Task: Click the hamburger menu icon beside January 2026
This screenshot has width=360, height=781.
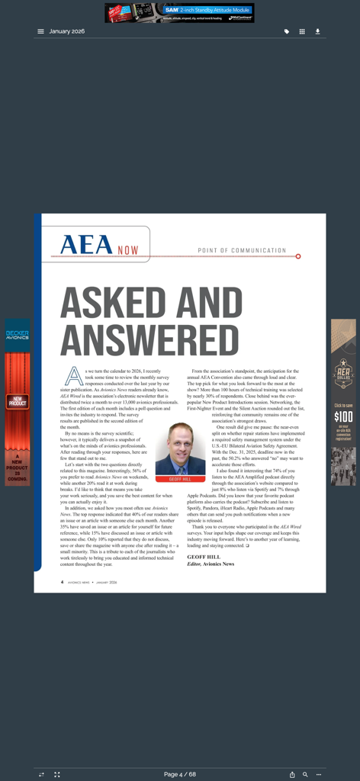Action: (40, 31)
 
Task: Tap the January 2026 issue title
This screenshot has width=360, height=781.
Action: (67, 31)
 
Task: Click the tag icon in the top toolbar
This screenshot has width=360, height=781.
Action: (287, 31)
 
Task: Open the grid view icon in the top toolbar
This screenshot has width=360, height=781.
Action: (302, 31)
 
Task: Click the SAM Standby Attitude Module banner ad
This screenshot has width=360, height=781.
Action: (179, 13)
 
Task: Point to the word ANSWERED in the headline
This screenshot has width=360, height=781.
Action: (139, 340)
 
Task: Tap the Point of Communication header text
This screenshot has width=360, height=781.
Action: (242, 250)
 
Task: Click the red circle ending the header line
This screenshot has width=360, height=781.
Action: (298, 256)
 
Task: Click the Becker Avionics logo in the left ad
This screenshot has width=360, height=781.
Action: (18, 335)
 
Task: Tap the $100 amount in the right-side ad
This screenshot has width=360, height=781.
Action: (343, 416)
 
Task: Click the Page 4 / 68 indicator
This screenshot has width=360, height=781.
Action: (180, 774)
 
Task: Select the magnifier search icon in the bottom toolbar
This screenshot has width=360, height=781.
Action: (305, 774)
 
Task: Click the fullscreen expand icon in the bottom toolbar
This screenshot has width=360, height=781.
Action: (57, 774)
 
